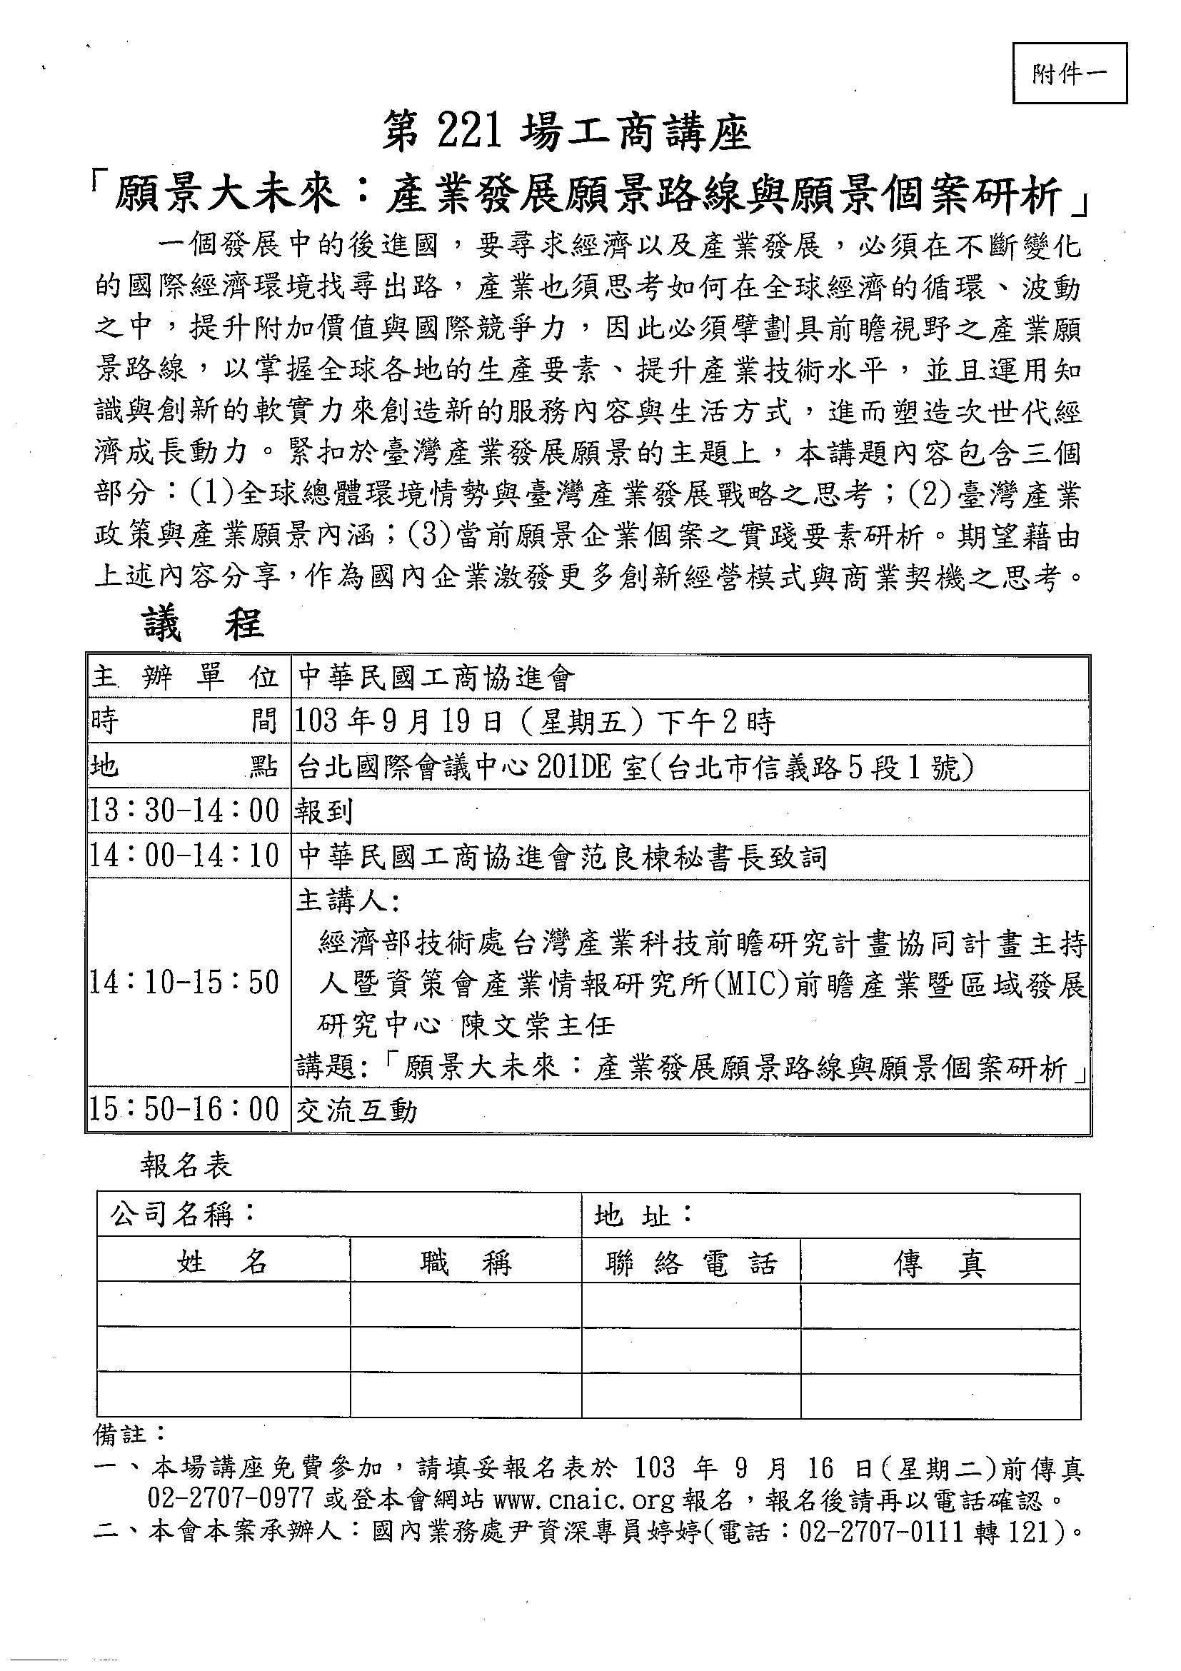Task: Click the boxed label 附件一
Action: pos(1069,74)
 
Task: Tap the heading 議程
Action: pos(203,624)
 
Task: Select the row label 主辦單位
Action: pos(186,678)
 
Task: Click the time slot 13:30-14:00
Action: pos(185,811)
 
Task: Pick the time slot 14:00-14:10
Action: pos(185,856)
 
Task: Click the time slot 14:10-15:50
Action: pos(185,983)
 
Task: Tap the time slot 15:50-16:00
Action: pos(185,1110)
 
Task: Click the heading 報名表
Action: pos(186,1166)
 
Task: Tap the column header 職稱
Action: pos(466,1263)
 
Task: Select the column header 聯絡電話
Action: pos(691,1264)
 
